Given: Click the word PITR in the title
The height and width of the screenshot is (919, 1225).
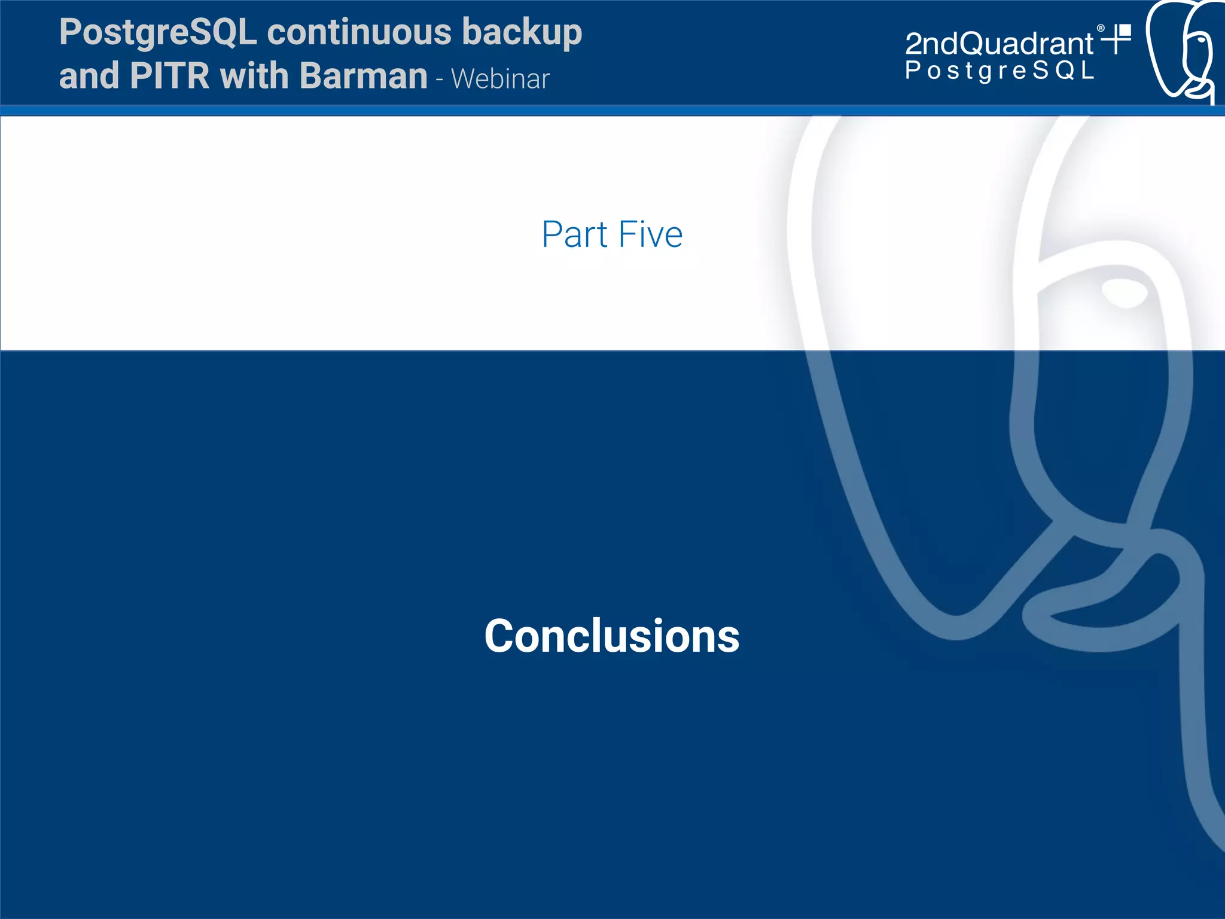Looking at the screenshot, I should [169, 76].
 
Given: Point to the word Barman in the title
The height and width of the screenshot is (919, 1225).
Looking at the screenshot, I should [363, 76].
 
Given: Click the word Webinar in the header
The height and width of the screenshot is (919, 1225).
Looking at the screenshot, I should [500, 79].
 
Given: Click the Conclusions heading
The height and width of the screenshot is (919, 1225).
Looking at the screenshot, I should [611, 636].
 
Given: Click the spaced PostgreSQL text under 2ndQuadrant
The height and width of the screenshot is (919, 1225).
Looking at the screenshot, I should [999, 71].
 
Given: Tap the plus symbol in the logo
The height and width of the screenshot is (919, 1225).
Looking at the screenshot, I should [1114, 41].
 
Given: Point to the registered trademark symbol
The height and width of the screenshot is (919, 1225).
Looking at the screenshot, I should [1101, 28].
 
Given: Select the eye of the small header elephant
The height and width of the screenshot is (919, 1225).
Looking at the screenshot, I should [1200, 41].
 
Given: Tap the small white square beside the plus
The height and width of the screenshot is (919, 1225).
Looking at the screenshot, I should [1125, 30].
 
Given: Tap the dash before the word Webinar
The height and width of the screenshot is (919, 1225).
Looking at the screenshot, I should [440, 80].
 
